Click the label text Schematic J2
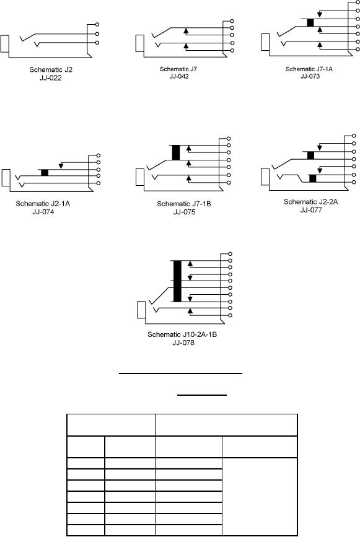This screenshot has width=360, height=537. click(51, 69)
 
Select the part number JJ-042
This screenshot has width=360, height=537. click(179, 76)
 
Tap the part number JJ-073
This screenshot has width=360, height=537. click(310, 76)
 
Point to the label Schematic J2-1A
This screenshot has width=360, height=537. click(43, 204)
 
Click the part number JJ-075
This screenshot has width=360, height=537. click(184, 212)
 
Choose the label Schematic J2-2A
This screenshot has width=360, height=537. click(310, 202)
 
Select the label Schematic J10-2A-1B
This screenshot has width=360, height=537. click(182, 334)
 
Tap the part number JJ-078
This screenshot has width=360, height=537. click(183, 343)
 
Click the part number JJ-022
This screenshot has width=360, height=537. click(50, 78)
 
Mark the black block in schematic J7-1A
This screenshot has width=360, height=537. click(310, 22)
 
